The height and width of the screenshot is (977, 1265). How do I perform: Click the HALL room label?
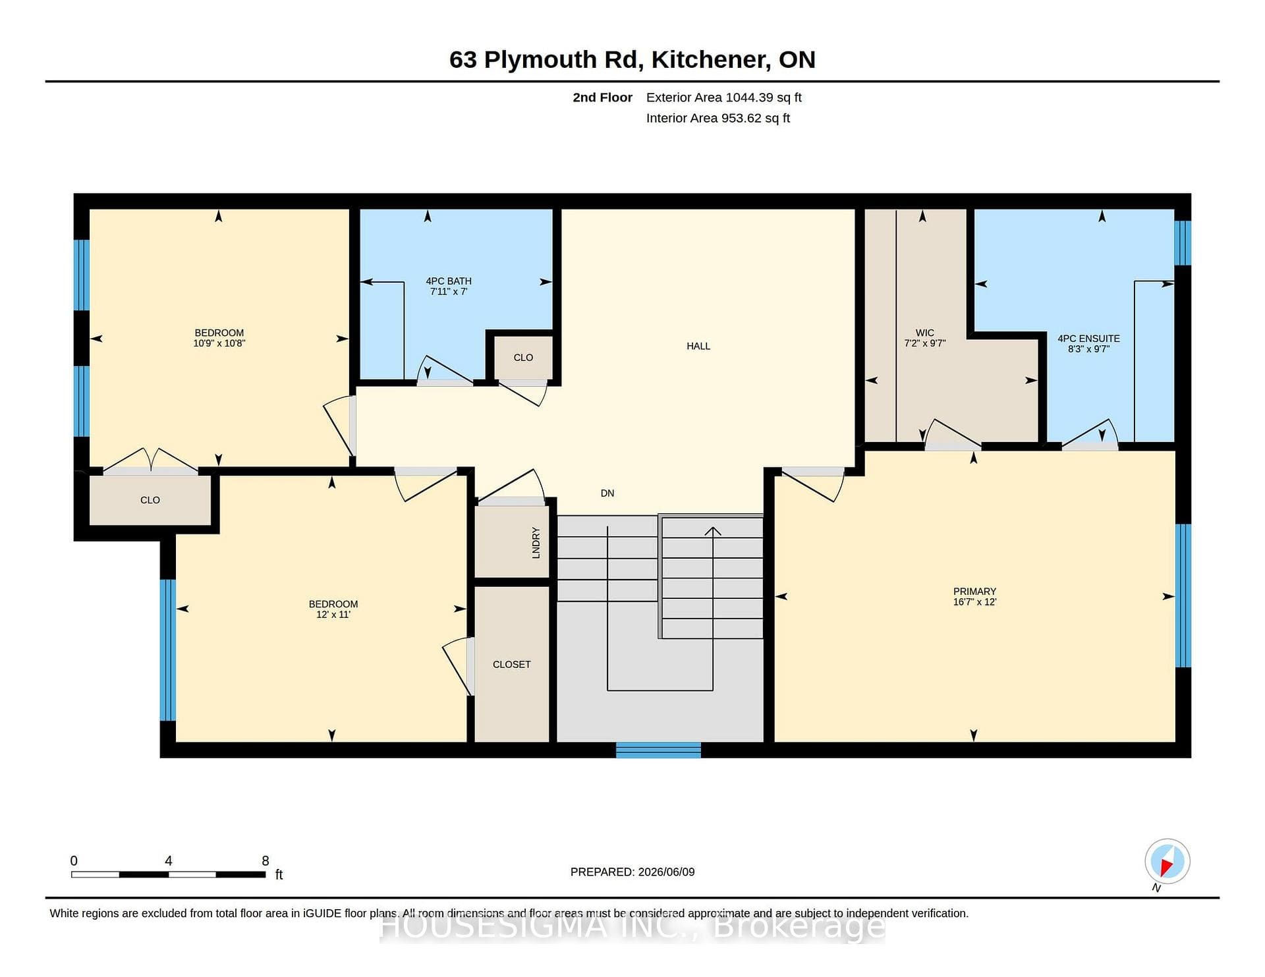coord(698,346)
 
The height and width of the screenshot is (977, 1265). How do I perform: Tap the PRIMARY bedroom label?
coord(974,592)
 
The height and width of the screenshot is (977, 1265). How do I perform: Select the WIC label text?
coord(924,333)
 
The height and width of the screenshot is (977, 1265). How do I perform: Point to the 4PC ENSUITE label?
coord(1088,339)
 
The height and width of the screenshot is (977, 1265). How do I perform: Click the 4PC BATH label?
coord(449,281)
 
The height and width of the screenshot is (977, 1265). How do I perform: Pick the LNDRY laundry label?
coord(536,543)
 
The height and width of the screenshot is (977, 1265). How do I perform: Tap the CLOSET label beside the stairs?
coord(511,664)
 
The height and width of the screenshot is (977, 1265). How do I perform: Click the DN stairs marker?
coord(607,493)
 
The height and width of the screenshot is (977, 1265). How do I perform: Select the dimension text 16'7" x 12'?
coord(974,602)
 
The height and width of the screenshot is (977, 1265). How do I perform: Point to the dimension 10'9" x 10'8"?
coord(219,343)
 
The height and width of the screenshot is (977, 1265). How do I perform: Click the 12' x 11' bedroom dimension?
coord(333,615)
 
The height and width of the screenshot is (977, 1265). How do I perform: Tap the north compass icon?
coord(1167,861)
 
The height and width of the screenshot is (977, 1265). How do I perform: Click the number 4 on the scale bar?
coord(169,860)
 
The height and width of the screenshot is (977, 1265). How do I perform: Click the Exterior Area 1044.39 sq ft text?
coord(724,98)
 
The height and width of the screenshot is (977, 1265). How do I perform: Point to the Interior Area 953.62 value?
coord(718,118)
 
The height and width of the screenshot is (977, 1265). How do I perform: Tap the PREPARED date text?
coord(632,872)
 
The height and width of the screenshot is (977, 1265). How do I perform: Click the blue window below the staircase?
coord(658,750)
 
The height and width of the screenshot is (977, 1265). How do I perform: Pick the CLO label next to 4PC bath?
coord(523,358)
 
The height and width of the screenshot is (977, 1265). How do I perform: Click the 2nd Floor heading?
coord(602,98)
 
